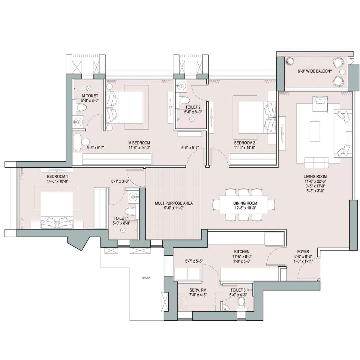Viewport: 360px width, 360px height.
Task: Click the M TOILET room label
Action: (x=90, y=96)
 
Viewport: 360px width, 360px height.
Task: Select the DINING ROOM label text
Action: (x=245, y=203)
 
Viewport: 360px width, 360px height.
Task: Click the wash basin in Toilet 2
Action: (x=181, y=85)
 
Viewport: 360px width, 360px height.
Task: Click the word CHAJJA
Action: (x=146, y=277)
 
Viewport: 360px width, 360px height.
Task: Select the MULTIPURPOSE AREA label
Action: (x=174, y=203)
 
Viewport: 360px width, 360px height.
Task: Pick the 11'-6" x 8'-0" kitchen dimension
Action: (x=242, y=256)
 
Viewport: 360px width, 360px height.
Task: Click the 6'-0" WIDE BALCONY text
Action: (x=315, y=71)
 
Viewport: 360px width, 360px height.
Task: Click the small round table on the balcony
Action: (x=343, y=72)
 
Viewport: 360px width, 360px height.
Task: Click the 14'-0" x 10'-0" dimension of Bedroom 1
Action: (x=57, y=181)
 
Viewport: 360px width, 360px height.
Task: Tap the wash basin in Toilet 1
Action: (x=133, y=196)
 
